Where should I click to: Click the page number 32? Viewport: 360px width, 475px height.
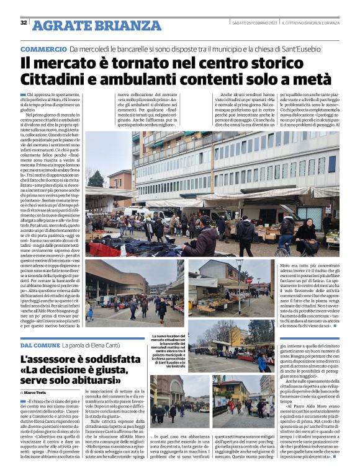(x=24, y=23)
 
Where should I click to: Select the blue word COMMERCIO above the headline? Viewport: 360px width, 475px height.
(x=43, y=49)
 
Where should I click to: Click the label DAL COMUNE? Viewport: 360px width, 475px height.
(x=41, y=344)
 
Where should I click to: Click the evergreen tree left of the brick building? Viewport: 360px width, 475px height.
(x=97, y=179)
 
